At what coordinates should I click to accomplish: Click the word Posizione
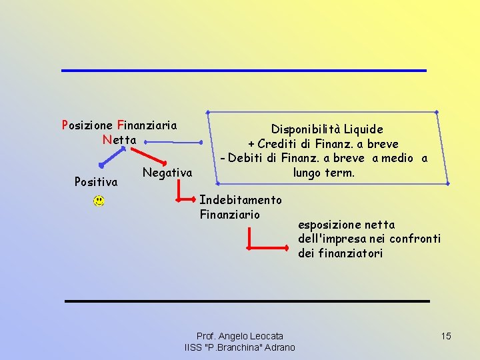87,125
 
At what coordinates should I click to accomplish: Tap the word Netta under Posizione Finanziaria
119,140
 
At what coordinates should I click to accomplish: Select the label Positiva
96,181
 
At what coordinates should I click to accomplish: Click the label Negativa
167,173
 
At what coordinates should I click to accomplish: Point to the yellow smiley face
99,200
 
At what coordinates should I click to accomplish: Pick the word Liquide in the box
363,129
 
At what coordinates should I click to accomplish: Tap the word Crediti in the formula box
278,144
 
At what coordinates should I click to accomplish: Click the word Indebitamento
241,199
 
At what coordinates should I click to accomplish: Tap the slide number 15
446,336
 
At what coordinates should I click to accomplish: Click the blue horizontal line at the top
243,71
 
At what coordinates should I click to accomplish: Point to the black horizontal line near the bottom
247,301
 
